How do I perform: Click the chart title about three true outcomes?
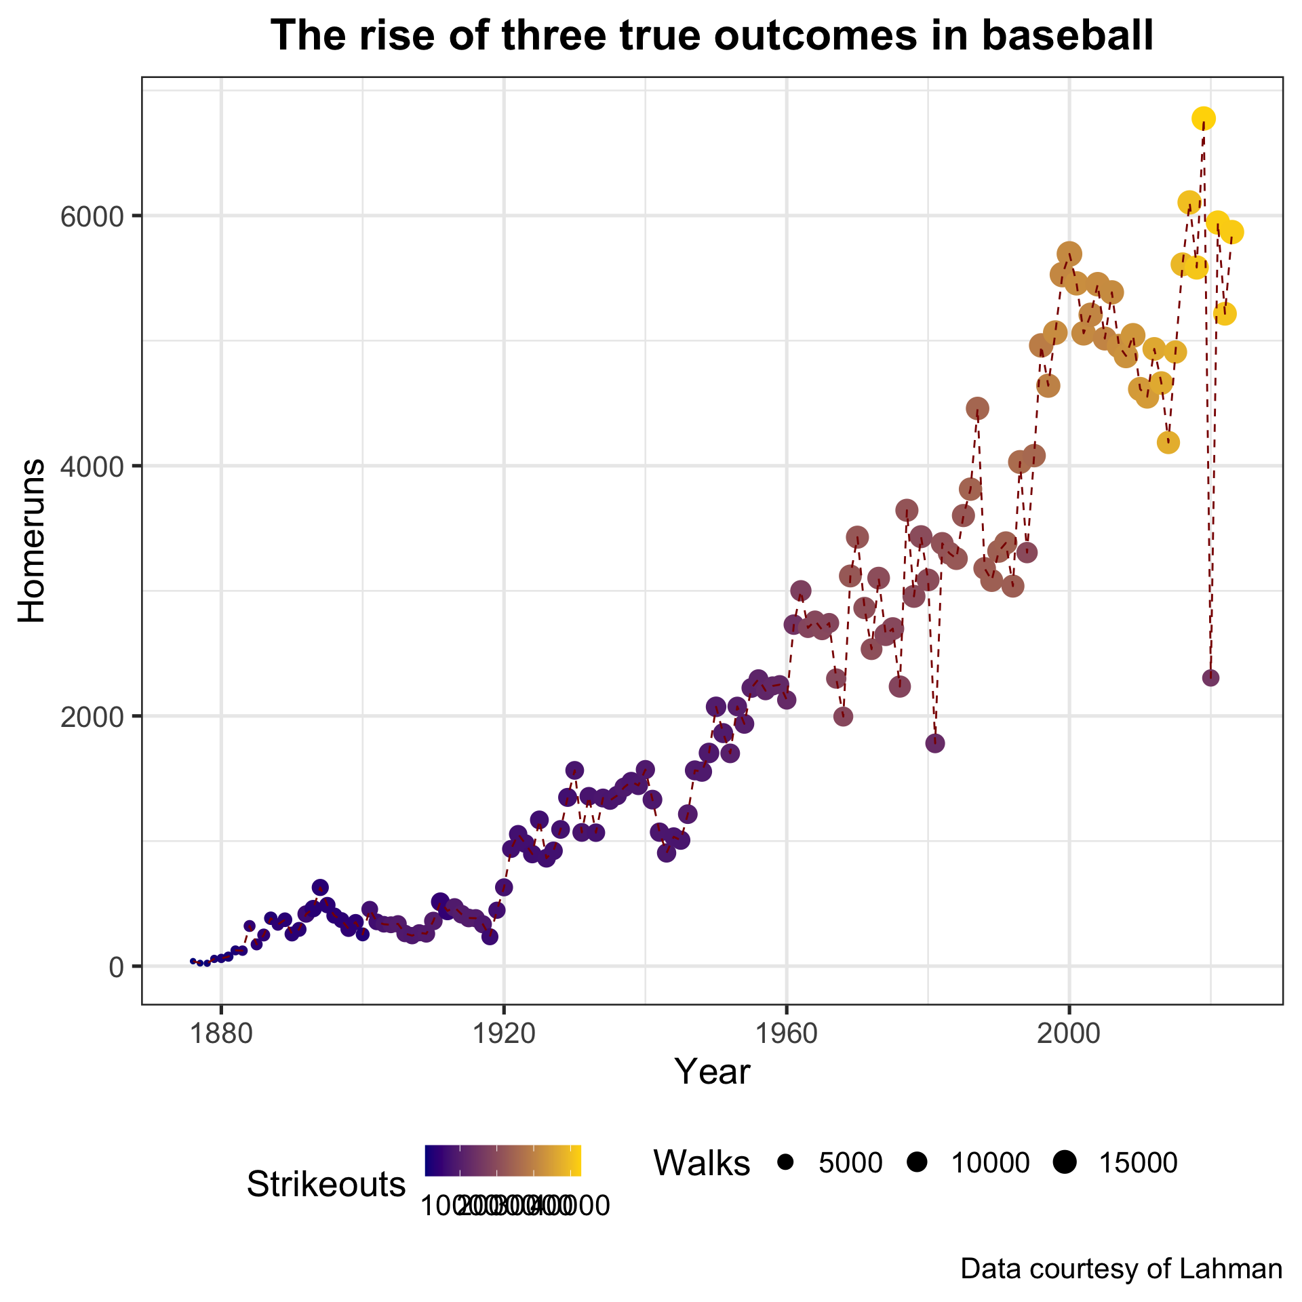(712, 37)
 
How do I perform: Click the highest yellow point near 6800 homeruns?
(1204, 119)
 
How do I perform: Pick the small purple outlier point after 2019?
(1210, 677)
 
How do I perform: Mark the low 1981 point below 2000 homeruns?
(935, 743)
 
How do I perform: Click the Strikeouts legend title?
(326, 1185)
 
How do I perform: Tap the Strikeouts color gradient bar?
(502, 1160)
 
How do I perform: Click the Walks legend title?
(701, 1163)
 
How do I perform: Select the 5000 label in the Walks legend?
(850, 1163)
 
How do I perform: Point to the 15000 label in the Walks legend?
(1138, 1163)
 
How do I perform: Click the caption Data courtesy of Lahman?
(1121, 1269)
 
